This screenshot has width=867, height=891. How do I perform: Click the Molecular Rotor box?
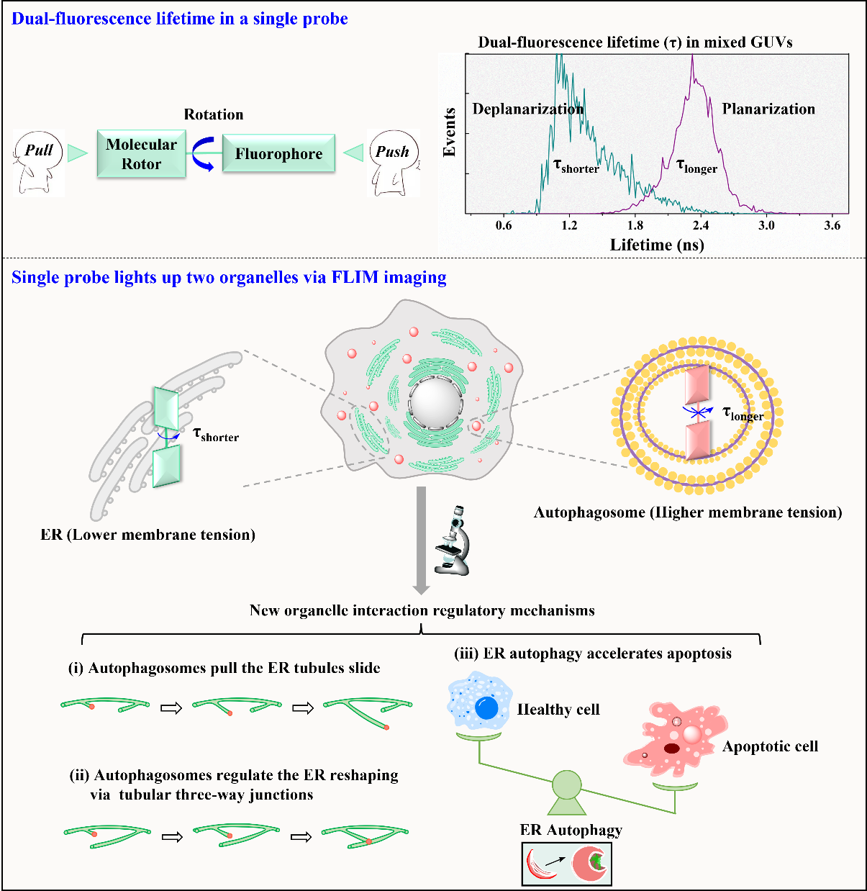(x=141, y=154)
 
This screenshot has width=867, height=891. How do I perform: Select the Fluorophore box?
(x=278, y=153)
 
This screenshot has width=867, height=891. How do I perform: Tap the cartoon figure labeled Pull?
(x=39, y=163)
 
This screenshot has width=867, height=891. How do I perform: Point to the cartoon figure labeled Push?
(x=393, y=163)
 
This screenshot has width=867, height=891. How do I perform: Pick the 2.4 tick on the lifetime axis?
(x=700, y=225)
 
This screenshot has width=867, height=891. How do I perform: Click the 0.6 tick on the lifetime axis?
(x=504, y=225)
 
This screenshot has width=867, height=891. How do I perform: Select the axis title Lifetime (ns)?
(x=657, y=245)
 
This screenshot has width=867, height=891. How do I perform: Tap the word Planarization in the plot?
(x=768, y=109)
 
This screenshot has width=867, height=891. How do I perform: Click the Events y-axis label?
(x=450, y=132)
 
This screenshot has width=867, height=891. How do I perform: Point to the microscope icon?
(x=453, y=541)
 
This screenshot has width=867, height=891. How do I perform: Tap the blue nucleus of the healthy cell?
(x=486, y=708)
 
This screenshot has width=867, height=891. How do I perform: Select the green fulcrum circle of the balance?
(x=567, y=784)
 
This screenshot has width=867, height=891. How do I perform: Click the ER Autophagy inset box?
(x=566, y=863)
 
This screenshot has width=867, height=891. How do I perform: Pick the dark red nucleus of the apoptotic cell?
(x=672, y=748)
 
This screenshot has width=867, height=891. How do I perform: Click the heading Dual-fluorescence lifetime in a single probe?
(x=180, y=19)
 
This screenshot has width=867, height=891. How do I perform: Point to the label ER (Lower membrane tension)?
(x=147, y=535)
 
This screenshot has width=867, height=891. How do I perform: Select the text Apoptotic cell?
(x=770, y=746)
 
